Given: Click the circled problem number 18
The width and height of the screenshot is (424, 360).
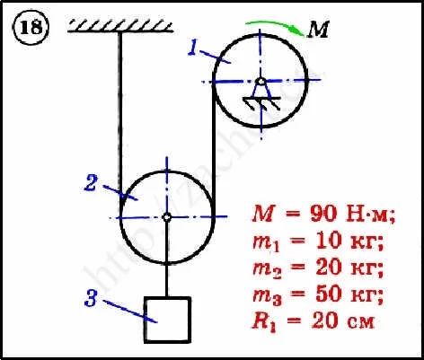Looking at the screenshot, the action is click(x=31, y=28).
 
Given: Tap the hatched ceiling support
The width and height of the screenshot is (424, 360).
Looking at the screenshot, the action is click(x=120, y=26).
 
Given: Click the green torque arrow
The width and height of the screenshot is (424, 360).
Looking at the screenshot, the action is click(x=276, y=26).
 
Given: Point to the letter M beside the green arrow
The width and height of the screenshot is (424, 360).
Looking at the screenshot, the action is click(x=318, y=30).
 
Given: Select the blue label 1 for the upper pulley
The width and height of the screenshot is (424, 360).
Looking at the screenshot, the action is click(x=194, y=48).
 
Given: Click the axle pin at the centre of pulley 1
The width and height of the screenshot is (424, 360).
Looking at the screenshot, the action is click(x=261, y=81).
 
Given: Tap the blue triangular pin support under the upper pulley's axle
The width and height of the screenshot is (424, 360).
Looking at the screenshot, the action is click(x=261, y=90).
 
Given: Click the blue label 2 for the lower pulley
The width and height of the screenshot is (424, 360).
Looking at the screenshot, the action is click(x=91, y=183).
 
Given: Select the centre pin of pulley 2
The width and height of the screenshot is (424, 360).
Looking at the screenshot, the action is click(x=167, y=217).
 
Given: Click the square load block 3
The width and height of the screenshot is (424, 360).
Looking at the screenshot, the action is click(x=167, y=320).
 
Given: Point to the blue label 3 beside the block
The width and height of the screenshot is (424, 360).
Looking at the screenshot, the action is click(x=91, y=298).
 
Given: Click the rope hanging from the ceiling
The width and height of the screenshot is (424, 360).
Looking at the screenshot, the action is click(x=120, y=115).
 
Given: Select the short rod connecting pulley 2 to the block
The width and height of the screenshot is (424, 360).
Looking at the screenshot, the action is click(x=167, y=280).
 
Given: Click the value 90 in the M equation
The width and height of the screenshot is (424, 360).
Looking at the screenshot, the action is click(x=325, y=214).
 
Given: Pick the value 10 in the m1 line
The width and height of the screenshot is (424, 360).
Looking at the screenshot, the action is click(x=326, y=241).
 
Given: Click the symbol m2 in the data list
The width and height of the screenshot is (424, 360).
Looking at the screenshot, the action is click(x=267, y=269).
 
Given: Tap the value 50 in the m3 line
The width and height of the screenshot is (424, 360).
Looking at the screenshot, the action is click(x=327, y=294).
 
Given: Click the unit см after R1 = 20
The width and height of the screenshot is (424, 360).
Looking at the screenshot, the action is click(x=361, y=322).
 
